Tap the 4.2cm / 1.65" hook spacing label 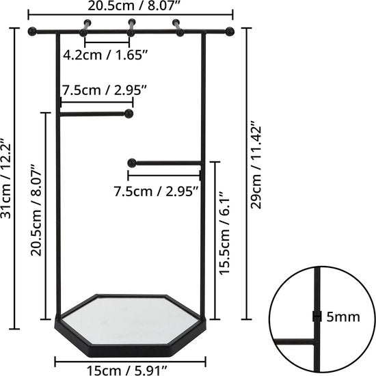107,55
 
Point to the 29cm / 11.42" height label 257,167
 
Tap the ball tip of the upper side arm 129,114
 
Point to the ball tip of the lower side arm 131,163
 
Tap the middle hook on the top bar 131,26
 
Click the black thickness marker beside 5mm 317,316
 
